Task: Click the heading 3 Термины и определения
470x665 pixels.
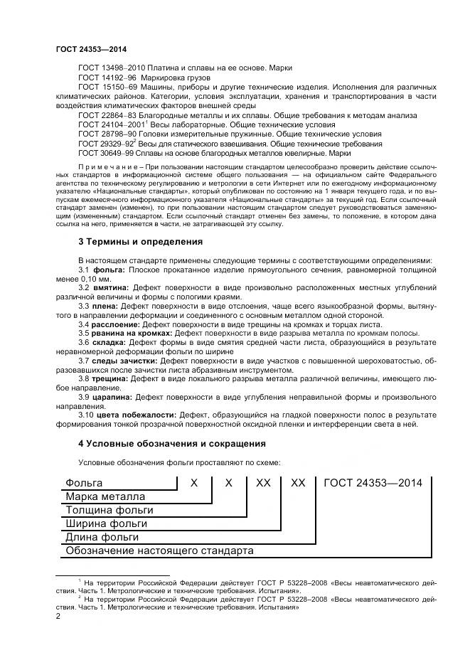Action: [140, 242]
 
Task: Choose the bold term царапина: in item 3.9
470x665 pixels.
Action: [114, 397]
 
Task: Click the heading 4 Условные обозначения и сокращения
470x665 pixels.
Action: [171, 444]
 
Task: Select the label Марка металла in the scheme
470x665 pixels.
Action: [105, 496]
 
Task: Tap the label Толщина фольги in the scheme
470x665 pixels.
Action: [109, 510]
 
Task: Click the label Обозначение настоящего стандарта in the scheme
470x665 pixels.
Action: [159, 550]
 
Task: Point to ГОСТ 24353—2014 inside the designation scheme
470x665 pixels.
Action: [373, 483]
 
